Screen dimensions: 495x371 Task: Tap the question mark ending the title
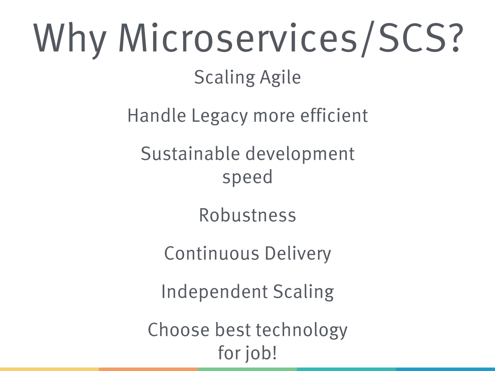pyautogui.click(x=456, y=37)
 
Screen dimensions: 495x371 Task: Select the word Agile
pyautogui.click(x=280, y=78)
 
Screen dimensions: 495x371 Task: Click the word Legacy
pyautogui.click(x=220, y=116)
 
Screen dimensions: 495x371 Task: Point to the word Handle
pyautogui.click(x=157, y=115)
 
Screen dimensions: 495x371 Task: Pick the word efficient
pyautogui.click(x=334, y=115)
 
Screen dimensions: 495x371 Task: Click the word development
pyautogui.click(x=300, y=154)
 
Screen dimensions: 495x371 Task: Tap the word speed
pyautogui.click(x=247, y=177)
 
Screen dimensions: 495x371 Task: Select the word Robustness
pyautogui.click(x=247, y=215)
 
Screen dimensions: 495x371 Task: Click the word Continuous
pyautogui.click(x=212, y=254)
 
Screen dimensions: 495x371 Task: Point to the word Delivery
pyautogui.click(x=298, y=254)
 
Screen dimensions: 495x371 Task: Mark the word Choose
pyautogui.click(x=179, y=330)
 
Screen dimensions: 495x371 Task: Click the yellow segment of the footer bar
pyautogui.click(x=49, y=369)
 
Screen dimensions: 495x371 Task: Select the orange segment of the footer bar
pyautogui.click(x=148, y=369)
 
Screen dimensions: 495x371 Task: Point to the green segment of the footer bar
pyautogui.click(x=247, y=369)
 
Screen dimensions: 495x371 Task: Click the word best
pyautogui.click(x=233, y=330)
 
